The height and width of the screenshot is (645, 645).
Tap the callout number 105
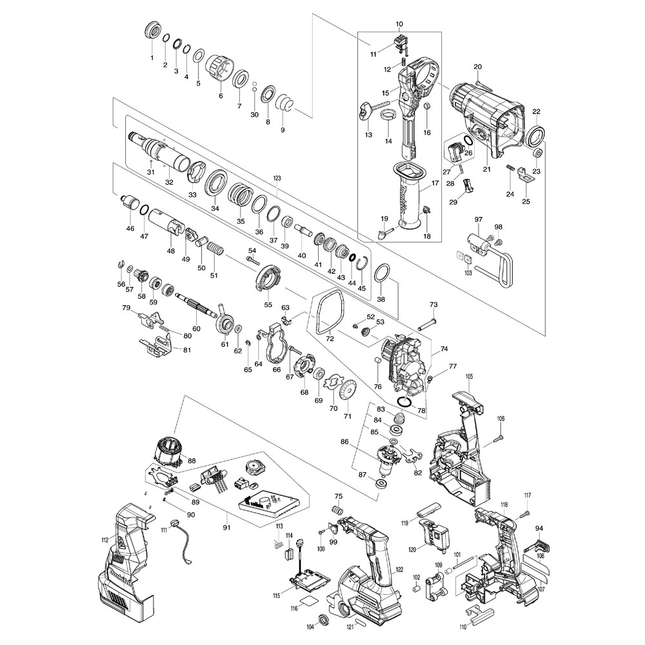(x=469, y=376)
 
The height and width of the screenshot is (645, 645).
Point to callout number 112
(x=105, y=541)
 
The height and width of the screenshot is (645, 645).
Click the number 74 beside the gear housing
(x=444, y=348)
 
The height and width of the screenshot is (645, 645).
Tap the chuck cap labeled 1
(x=154, y=31)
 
